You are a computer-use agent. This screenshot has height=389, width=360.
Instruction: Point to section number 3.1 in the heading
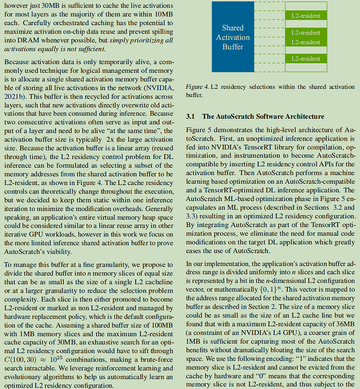click(191, 116)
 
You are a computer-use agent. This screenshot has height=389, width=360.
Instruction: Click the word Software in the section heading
click(266, 116)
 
